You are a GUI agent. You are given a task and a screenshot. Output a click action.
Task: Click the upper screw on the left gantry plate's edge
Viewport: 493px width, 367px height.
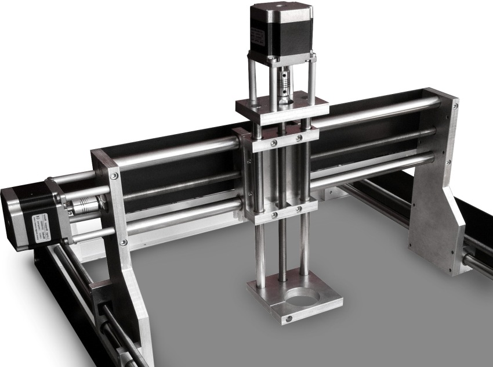(113, 176)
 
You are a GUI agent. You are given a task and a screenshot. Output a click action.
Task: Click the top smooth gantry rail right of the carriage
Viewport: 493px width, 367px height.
(377, 111)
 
